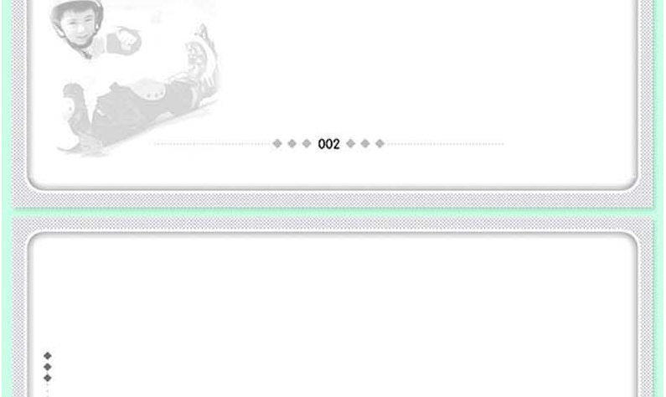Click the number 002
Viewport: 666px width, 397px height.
[x=328, y=144]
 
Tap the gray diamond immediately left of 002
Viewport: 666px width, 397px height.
[x=307, y=143]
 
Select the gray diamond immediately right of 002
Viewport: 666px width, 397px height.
[x=351, y=143]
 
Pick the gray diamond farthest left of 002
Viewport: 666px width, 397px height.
[x=277, y=143]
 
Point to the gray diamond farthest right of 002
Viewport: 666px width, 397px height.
[x=380, y=143]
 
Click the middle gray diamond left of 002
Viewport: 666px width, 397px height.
[x=292, y=143]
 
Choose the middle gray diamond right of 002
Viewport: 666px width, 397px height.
[x=365, y=143]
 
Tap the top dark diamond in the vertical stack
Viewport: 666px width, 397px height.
[x=48, y=356]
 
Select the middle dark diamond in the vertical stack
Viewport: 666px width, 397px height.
[x=48, y=367]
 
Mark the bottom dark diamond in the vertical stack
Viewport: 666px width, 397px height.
[x=48, y=378]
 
